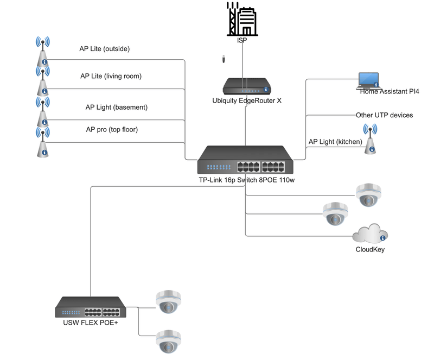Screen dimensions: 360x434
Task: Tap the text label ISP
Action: pos(242,40)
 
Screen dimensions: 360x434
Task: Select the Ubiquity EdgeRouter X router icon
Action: pos(247,86)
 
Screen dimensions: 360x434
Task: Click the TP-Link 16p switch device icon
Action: pos(245,160)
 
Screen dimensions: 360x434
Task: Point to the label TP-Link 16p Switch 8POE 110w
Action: pos(246,180)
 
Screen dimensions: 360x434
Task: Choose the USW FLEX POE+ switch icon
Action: pos(91,307)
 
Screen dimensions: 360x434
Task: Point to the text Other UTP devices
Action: pos(384,115)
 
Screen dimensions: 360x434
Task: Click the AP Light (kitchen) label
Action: pos(331,142)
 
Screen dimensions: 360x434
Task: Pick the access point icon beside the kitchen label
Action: pos(371,139)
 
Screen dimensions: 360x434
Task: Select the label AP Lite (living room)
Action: pos(111,76)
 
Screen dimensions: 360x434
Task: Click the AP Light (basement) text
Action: pos(116,107)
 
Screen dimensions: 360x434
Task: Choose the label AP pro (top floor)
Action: pos(112,129)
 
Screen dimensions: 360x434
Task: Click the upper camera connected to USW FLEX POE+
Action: pos(168,302)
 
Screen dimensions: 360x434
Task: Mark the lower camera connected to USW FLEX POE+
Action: pos(168,341)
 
